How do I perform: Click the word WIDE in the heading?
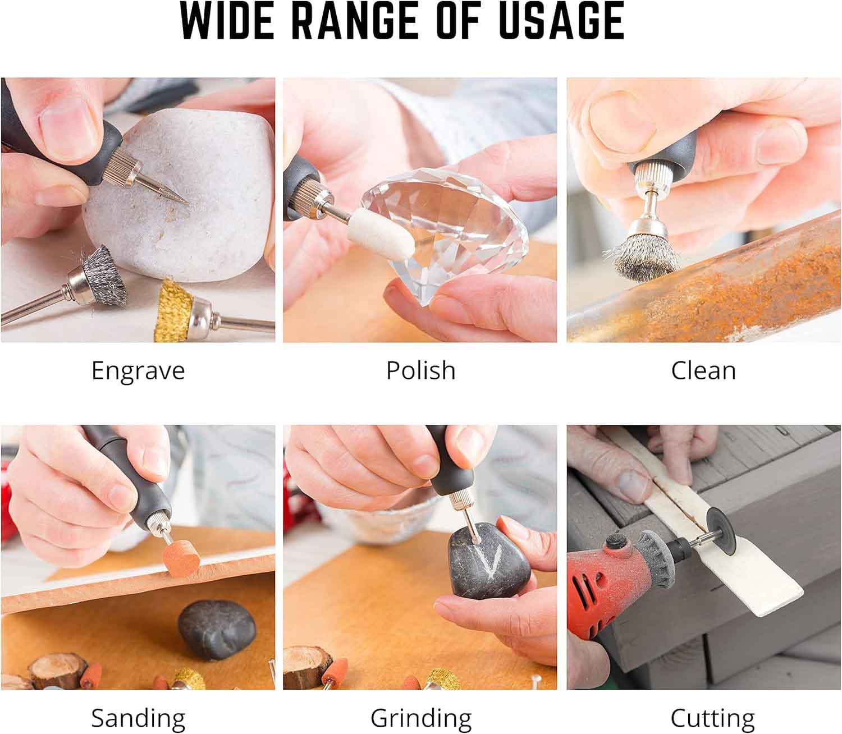pos(227,21)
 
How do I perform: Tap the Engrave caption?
pos(138,371)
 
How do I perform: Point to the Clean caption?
pos(703,370)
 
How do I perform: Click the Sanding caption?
pos(138,718)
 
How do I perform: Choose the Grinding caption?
pos(421,718)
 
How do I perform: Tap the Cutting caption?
pos(713,718)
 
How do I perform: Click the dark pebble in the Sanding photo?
pos(217,630)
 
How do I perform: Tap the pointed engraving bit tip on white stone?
pos(187,203)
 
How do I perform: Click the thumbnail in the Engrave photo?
pos(67,122)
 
